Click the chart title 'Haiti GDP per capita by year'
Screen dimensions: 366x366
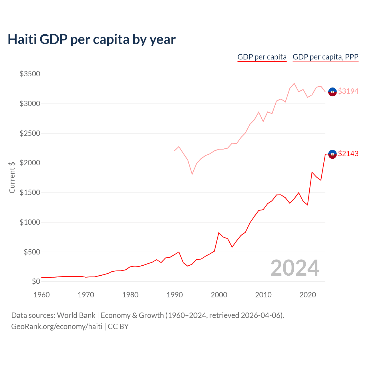(x=91, y=39)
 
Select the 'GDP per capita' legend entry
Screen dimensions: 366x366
(x=262, y=57)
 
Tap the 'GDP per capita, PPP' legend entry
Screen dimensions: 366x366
(x=325, y=57)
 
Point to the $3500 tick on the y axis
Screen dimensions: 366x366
(x=30, y=74)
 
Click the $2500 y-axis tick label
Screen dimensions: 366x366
(x=30, y=133)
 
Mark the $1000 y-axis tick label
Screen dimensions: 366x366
(x=30, y=222)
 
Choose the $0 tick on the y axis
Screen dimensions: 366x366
(x=36, y=281)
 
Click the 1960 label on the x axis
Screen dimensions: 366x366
(x=41, y=295)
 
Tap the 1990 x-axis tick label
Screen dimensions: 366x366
(x=174, y=295)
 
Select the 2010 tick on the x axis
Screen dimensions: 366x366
(x=263, y=295)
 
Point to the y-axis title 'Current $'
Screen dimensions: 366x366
(x=12, y=177)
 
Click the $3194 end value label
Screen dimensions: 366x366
(x=348, y=91)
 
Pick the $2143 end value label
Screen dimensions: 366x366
(x=348, y=154)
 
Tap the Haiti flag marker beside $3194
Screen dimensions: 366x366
(x=332, y=92)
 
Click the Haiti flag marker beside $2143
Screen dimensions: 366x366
(x=332, y=154)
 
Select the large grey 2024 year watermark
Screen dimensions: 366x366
(x=295, y=268)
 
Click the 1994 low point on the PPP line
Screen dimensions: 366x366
(x=192, y=174)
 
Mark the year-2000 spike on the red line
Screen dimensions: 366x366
(x=219, y=233)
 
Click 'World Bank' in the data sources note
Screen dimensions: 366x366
(x=76, y=315)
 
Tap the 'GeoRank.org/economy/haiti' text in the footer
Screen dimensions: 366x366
(x=57, y=327)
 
